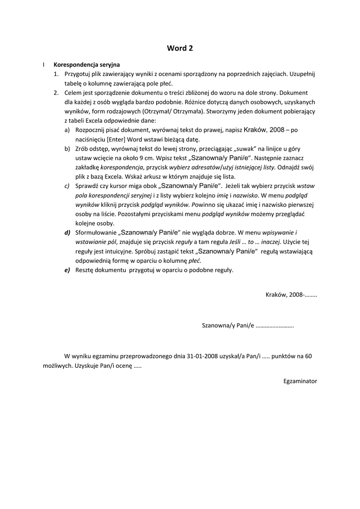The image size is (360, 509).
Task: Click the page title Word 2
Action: (x=180, y=48)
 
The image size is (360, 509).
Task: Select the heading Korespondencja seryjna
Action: (x=87, y=65)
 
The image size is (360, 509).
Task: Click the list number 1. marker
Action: (x=56, y=74)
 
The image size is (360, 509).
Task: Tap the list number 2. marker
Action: (x=56, y=93)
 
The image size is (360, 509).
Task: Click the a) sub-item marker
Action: (x=67, y=130)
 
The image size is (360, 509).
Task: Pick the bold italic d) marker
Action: (x=67, y=233)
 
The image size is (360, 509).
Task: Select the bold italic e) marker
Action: (x=67, y=270)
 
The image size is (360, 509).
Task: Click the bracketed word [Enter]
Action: (x=117, y=139)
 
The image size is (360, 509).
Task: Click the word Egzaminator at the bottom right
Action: (x=300, y=381)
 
